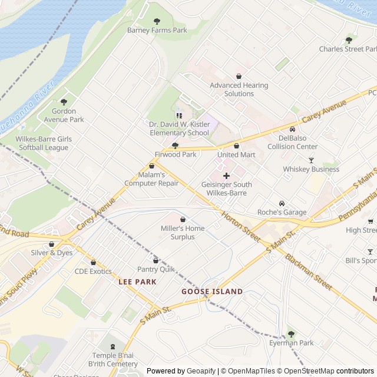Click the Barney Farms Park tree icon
pos(156,22)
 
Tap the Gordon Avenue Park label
pos(64,115)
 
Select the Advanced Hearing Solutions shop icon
pos(239,77)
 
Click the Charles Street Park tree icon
pos(349,40)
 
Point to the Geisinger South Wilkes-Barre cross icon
pos(226,176)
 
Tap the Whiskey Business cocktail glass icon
pos(311,160)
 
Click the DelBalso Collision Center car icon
pos(292,129)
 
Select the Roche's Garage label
pos(282,212)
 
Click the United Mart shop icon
pos(237,145)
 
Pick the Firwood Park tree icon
pos(175,145)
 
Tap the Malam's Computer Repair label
pos(151,179)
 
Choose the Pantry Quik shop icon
pos(156,260)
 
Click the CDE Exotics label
pos(93,272)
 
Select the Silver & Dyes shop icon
pos(52,244)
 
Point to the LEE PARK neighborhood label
pos(137,282)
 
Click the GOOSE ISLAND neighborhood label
pos(211,292)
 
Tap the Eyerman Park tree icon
pos(290,333)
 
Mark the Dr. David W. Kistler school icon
pos(180,115)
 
